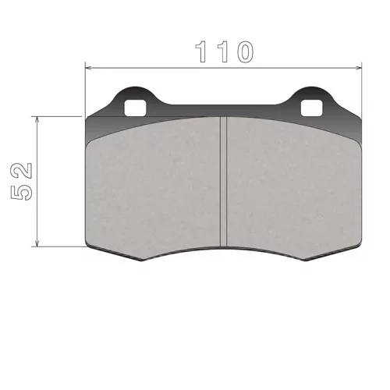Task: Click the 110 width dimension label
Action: point(224,51)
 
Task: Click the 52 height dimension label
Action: point(22,182)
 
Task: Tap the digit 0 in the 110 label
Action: point(244,51)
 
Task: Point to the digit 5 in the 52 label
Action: point(22,192)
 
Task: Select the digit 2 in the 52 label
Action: point(22,171)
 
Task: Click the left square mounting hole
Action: point(135,108)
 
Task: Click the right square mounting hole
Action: point(311,108)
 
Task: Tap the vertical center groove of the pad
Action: point(223,182)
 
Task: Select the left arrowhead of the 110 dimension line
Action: point(89,68)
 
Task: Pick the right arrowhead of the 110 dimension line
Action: point(359,68)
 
